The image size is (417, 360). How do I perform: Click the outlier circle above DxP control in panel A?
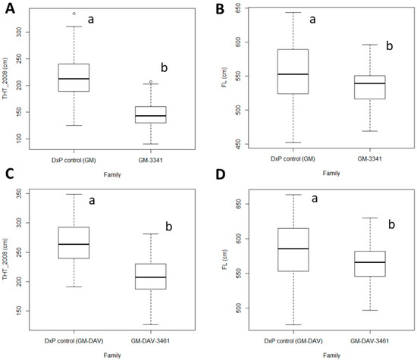pyautogui.click(x=74, y=14)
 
